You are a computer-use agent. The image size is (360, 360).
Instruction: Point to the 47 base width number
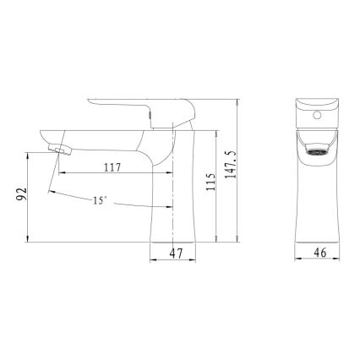176,250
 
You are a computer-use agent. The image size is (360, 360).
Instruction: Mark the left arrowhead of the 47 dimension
154,258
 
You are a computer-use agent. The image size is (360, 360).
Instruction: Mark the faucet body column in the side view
174,194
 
